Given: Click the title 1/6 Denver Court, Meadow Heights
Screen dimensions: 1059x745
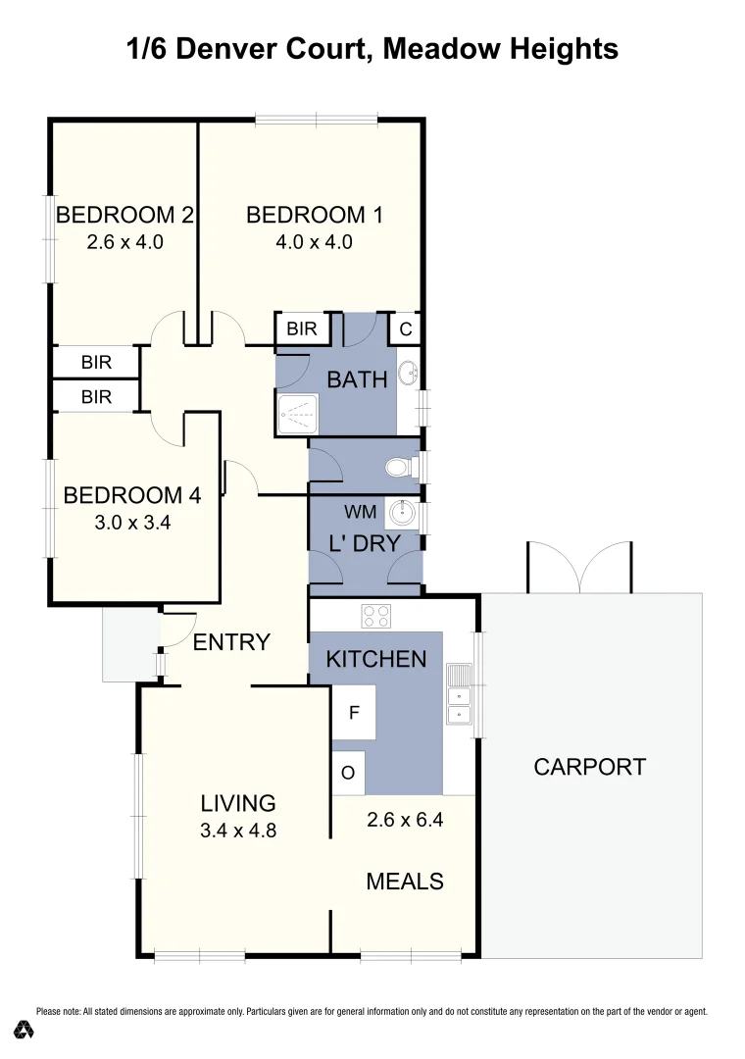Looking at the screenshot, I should click(372, 49).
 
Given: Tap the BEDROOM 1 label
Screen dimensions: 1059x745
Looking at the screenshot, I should click(314, 215).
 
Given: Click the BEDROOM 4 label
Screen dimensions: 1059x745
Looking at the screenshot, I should click(131, 495).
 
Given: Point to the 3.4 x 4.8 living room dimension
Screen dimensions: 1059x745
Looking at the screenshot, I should click(238, 831).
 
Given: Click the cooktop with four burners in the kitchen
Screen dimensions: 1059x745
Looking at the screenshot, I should click(376, 616).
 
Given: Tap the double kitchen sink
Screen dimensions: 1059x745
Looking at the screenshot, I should click(458, 695).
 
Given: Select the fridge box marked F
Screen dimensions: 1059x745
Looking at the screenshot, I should click(353, 713).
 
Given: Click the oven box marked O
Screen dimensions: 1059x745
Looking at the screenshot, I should click(347, 773).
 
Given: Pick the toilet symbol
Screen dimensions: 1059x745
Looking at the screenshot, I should click(400, 468).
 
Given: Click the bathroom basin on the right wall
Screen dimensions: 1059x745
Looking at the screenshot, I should click(408, 374).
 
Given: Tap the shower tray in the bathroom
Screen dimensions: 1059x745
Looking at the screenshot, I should click(298, 416).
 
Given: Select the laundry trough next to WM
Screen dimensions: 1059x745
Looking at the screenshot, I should click(400, 512).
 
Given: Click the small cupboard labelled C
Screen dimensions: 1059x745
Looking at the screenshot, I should click(405, 329).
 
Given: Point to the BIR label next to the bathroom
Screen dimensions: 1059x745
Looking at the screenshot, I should click(302, 328).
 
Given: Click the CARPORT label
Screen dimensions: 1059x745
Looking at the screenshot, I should click(589, 767).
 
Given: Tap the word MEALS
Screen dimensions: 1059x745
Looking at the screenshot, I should click(404, 882).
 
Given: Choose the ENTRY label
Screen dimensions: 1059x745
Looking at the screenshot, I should click(231, 642).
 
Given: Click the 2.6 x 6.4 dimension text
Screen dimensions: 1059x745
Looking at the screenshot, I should click(405, 820).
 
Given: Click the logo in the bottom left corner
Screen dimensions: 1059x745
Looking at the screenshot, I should click(25, 1030).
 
